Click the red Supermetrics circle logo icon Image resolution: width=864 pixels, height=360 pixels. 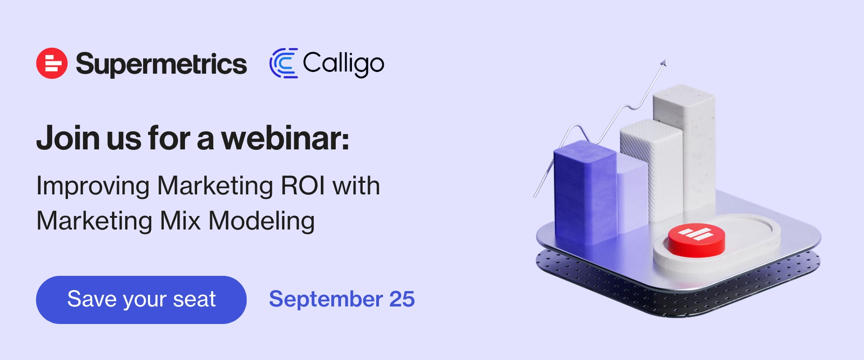point(52,63)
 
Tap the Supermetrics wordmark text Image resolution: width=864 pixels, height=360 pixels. point(161,64)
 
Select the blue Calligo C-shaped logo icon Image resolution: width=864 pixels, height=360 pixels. point(283,63)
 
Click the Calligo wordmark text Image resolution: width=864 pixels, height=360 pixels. point(343,64)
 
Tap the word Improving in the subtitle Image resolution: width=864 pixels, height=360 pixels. point(93,186)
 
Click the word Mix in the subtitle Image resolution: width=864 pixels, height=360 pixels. point(180,220)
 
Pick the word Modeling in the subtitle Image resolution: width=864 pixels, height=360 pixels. point(261,221)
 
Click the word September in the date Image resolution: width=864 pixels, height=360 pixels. point(326,300)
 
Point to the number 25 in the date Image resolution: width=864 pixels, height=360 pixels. point(402,299)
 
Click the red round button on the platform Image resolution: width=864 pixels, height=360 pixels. point(696,240)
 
